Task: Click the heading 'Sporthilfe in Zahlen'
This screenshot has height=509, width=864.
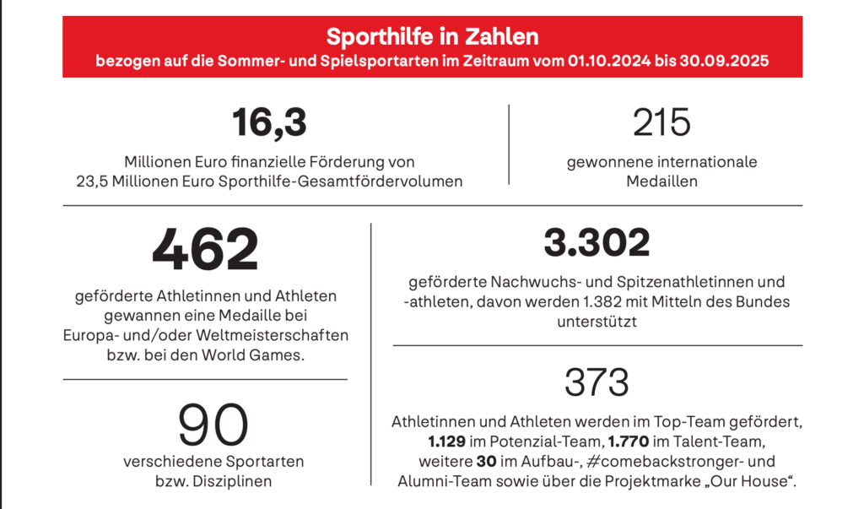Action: point(432,38)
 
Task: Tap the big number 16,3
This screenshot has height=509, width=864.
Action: point(269,123)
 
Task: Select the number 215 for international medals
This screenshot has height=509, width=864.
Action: point(661,123)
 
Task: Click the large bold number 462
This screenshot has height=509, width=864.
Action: point(205,249)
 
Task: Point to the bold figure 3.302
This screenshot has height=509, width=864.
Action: point(597,243)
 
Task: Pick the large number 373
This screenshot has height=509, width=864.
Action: point(597,382)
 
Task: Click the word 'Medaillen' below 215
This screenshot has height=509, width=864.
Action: point(661,181)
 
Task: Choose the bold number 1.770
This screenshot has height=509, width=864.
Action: point(629,441)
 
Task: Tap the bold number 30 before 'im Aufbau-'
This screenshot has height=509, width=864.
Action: point(486,461)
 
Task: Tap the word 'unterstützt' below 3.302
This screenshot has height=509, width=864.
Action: point(597,321)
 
